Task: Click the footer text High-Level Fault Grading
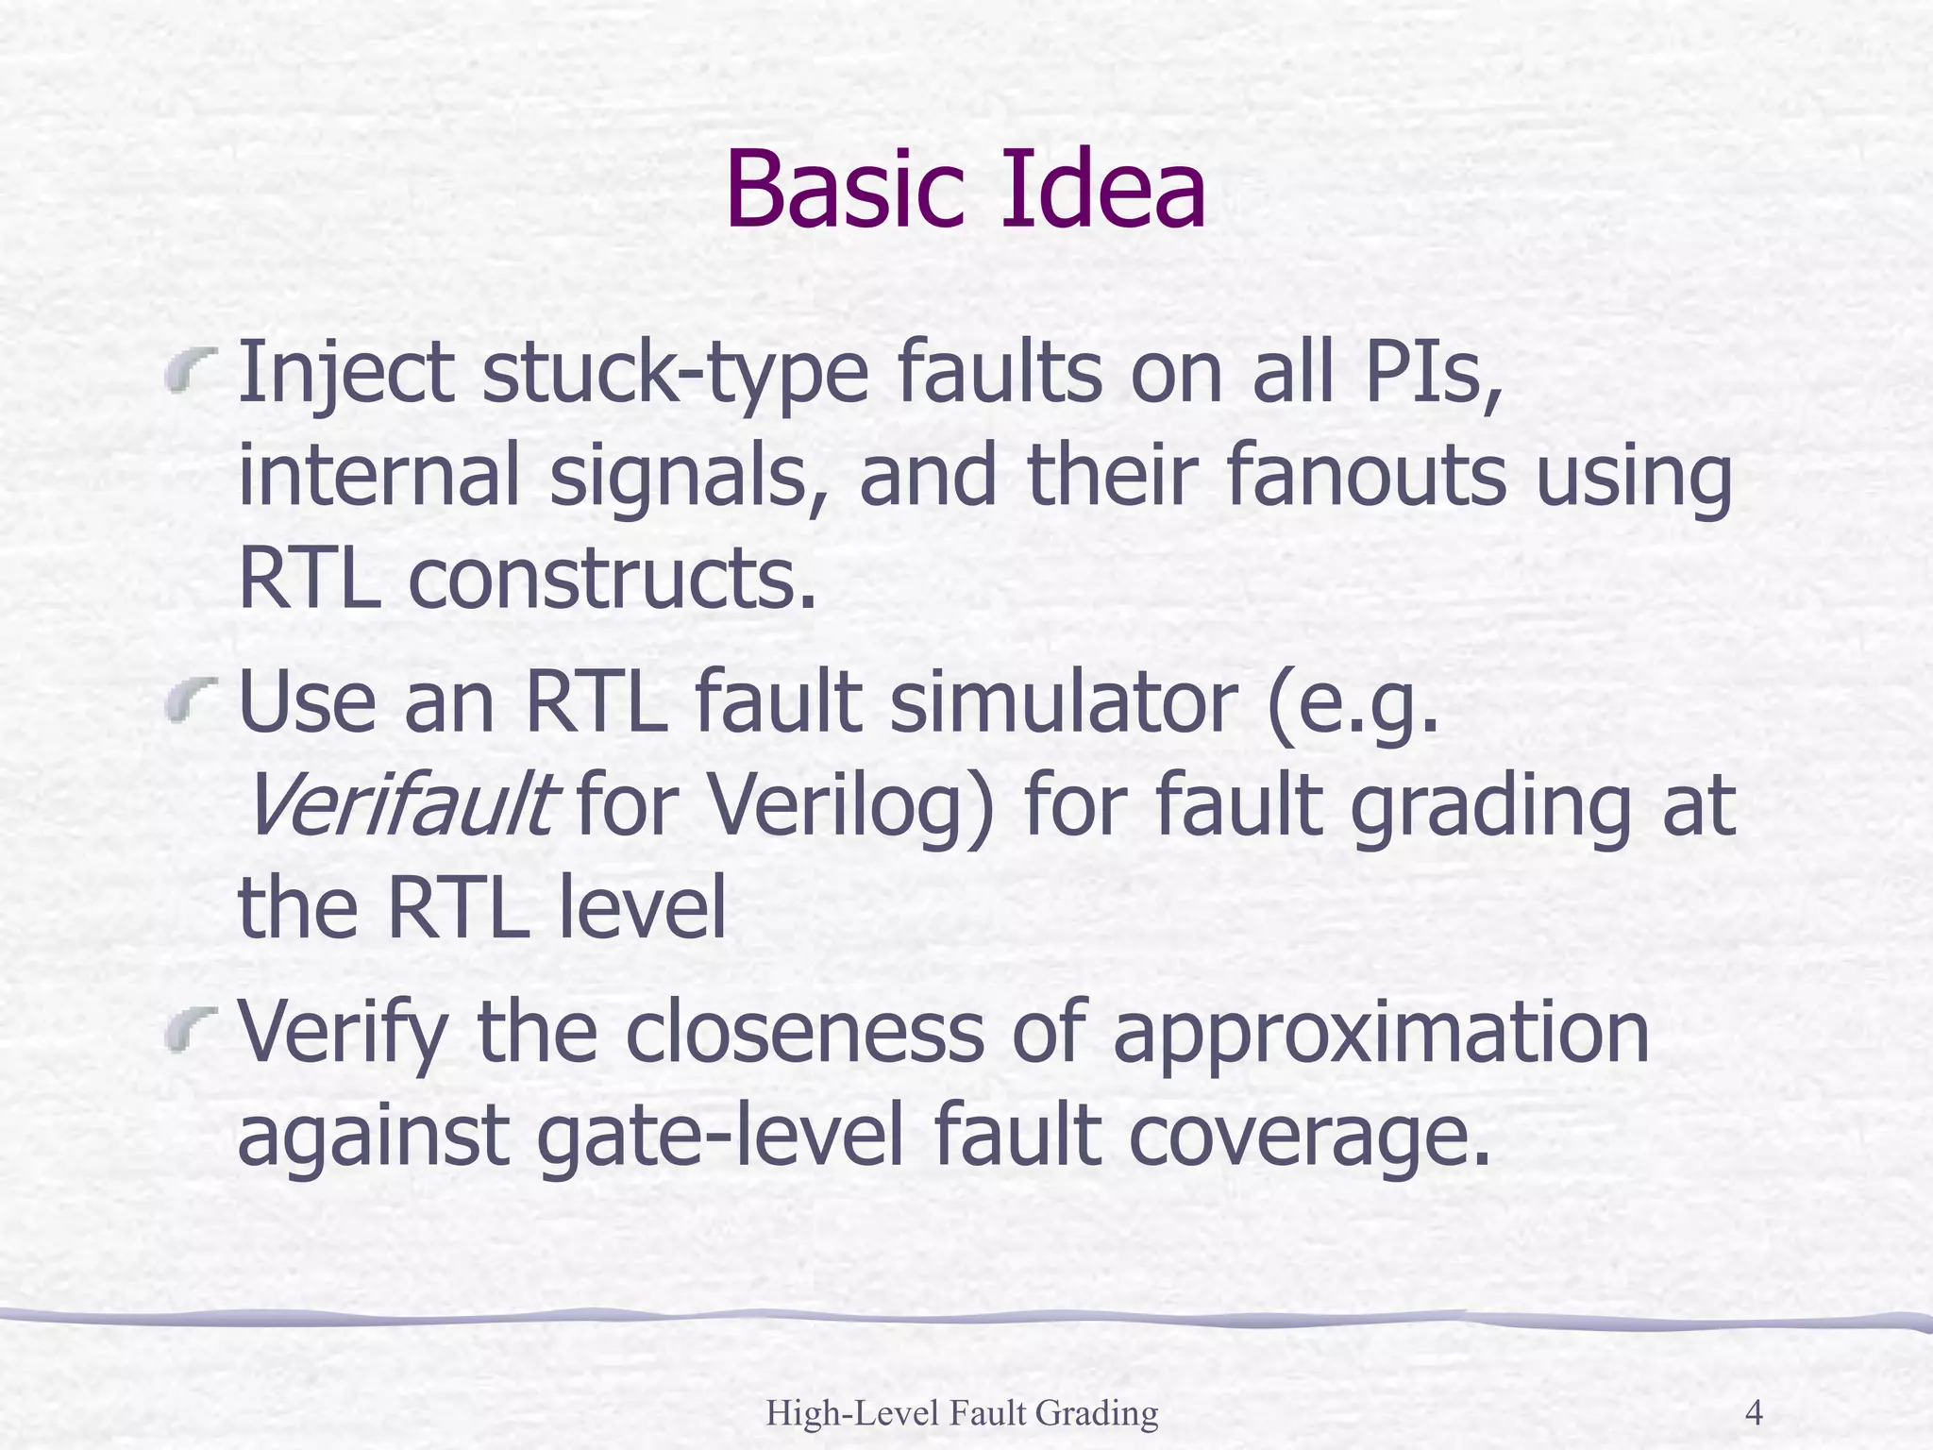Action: pyautogui.click(x=962, y=1412)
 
